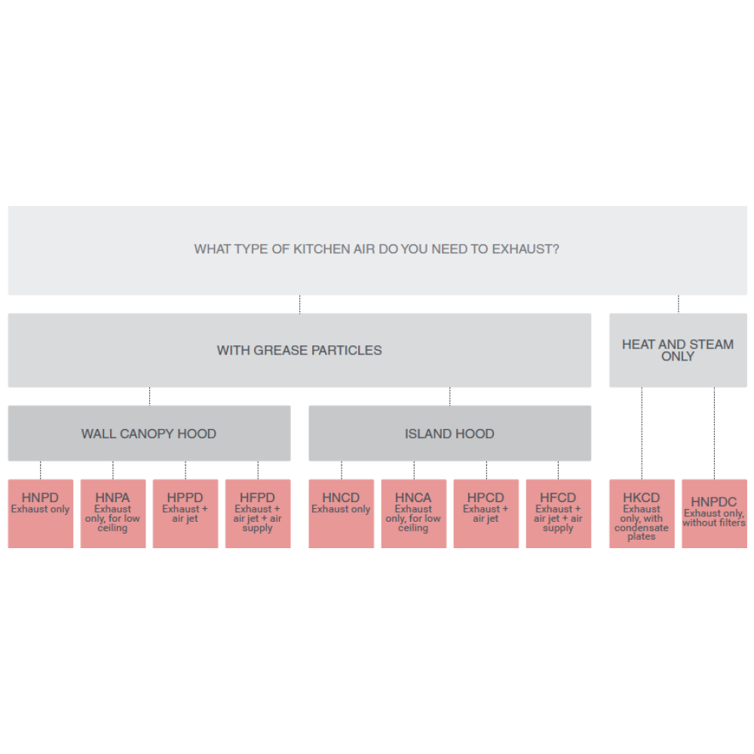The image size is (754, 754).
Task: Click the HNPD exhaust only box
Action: click(41, 513)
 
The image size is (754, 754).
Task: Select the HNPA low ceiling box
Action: click(113, 513)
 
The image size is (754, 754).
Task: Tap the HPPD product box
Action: click(185, 513)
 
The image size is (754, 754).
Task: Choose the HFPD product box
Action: click(258, 513)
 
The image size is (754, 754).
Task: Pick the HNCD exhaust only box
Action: click(342, 513)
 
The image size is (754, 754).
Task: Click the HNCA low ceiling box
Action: click(413, 513)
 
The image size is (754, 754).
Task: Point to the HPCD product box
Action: click(486, 513)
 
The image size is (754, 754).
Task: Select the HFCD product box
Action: click(558, 513)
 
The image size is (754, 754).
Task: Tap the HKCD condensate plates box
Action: click(642, 513)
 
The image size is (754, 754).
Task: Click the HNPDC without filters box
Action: click(714, 513)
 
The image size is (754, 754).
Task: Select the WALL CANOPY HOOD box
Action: click(149, 434)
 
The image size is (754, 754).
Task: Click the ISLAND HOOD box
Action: click(449, 434)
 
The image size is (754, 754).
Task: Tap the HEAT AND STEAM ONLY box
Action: click(678, 350)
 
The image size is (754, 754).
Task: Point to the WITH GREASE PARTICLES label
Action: click(299, 350)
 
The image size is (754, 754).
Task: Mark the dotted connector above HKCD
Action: click(642, 433)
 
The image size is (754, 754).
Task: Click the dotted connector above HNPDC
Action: click(715, 433)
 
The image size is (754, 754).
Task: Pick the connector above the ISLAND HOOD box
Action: click(450, 397)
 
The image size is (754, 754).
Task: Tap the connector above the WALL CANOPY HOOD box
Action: click(149, 397)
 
